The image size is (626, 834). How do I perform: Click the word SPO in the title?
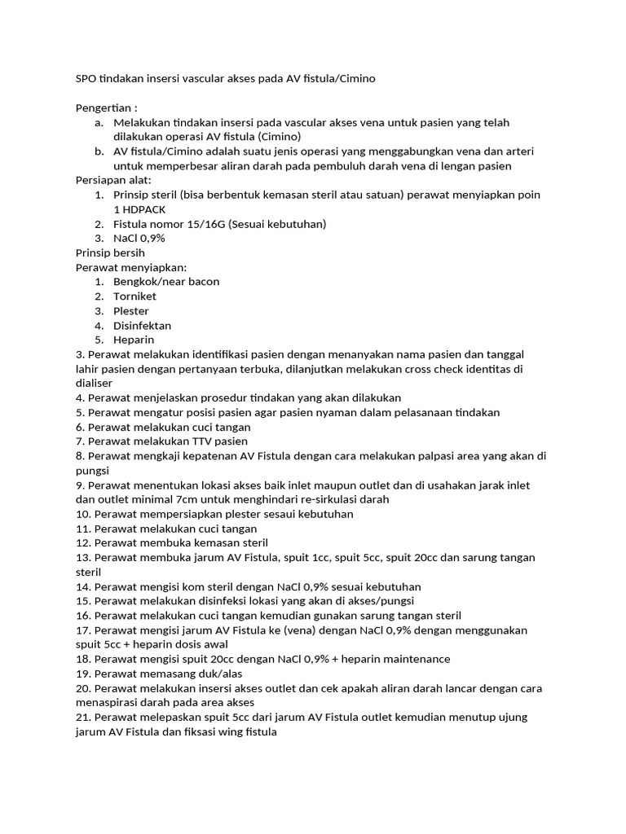(x=86, y=79)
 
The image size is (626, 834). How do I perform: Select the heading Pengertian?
(x=106, y=108)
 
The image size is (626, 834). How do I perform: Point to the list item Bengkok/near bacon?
(x=166, y=282)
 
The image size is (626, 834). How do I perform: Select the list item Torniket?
(x=134, y=296)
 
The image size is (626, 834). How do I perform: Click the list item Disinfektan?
(x=143, y=326)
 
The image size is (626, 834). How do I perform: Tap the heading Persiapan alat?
(x=113, y=180)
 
